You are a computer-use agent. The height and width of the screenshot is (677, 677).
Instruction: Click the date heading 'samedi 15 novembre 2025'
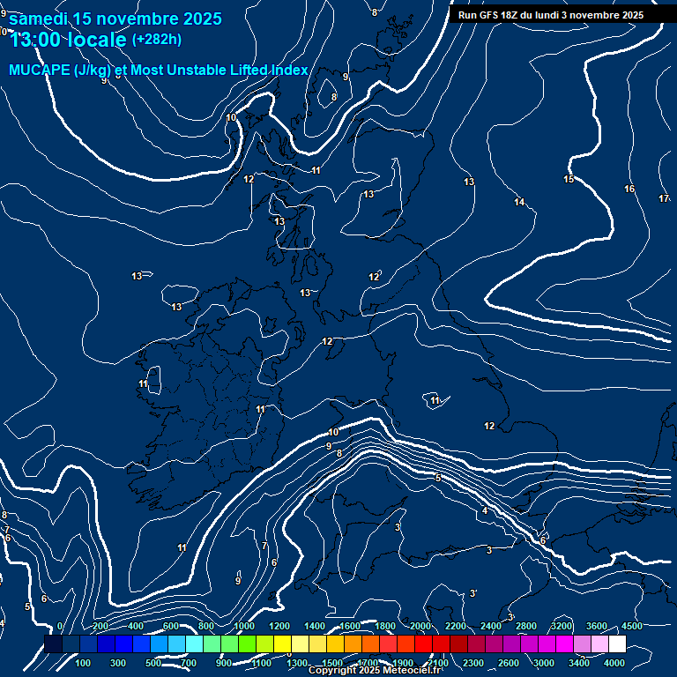tap(115, 19)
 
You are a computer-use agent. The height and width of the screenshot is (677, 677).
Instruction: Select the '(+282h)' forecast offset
tap(157, 39)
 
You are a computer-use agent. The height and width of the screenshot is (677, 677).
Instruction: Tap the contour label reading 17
tap(664, 198)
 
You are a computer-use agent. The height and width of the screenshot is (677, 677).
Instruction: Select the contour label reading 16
tap(629, 190)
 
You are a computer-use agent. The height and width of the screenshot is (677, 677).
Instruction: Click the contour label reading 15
tap(569, 180)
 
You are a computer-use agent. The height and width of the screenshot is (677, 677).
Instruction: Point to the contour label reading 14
tap(519, 203)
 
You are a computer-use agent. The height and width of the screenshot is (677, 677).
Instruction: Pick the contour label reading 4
tap(484, 511)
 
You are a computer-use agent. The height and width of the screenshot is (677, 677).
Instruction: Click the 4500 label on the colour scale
tap(631, 626)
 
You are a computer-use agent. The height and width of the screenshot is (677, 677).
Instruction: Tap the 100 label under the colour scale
tap(84, 663)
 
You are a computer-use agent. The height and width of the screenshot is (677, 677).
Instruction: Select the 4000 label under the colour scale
tap(614, 663)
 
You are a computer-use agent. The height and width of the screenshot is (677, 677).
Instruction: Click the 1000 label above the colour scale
tap(244, 626)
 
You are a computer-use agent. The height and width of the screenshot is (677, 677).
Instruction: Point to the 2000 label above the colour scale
tap(420, 626)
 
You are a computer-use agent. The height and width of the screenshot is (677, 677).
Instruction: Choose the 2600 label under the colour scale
tap(509, 663)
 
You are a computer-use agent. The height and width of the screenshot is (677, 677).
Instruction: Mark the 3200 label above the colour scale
tap(562, 626)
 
